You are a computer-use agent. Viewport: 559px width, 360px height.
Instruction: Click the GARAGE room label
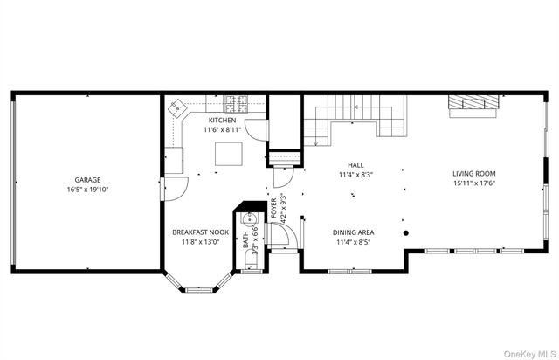point(87,180)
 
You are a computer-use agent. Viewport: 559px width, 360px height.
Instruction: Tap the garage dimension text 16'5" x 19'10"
point(87,190)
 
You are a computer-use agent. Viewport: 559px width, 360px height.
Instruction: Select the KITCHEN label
point(222,121)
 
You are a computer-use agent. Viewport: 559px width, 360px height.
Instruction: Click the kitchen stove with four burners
point(237,104)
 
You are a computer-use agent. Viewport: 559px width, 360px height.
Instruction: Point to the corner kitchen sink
point(176,107)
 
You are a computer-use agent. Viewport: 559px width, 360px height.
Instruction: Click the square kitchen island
point(229,154)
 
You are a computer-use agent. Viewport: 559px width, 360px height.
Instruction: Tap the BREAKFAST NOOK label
point(200,232)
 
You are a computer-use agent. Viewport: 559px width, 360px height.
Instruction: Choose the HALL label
point(355,165)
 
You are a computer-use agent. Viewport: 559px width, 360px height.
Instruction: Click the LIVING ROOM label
point(473,174)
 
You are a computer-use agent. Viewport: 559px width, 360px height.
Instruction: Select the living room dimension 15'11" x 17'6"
point(473,183)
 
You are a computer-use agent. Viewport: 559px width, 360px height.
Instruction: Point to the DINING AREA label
point(353,232)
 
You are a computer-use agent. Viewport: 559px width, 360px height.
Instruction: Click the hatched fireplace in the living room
point(473,102)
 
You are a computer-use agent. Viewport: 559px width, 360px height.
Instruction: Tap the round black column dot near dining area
point(405,233)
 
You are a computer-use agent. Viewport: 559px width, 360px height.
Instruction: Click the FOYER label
point(273,208)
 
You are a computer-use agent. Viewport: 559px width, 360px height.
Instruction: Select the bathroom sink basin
point(249,218)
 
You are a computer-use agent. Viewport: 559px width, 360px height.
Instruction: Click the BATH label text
point(245,239)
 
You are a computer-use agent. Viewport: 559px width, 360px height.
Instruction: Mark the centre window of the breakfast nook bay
point(200,290)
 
